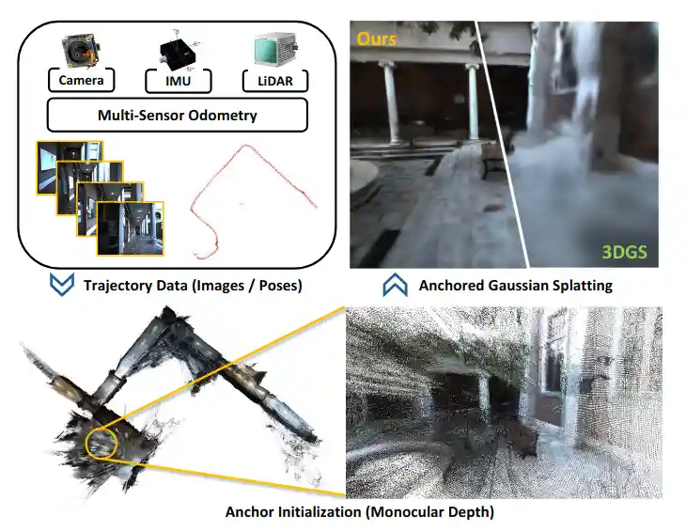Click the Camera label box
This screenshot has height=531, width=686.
point(83,81)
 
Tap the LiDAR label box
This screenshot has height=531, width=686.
point(273,81)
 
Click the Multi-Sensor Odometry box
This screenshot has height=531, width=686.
point(178,117)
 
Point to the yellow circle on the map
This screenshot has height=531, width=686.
point(100,443)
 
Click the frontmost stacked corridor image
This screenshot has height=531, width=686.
point(131,228)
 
